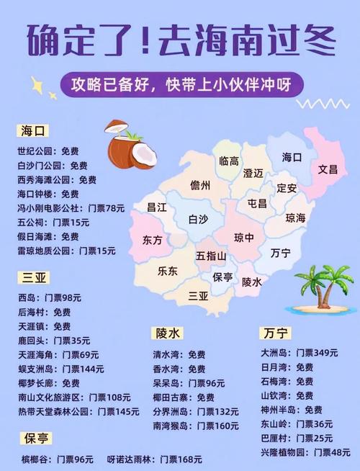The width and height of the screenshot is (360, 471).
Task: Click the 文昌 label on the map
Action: (x=328, y=169)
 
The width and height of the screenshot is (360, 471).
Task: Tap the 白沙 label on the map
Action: (x=198, y=219)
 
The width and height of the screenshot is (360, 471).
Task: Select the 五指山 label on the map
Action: (x=211, y=256)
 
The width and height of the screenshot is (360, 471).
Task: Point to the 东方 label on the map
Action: (x=152, y=239)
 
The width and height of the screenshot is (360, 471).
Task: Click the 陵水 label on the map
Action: (x=251, y=282)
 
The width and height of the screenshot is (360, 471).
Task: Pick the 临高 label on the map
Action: (x=229, y=161)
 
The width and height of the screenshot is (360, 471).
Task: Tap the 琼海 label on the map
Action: (x=295, y=217)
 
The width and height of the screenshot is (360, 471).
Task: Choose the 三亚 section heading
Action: (x=33, y=278)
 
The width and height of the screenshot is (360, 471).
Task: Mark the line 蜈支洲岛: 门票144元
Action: (x=61, y=369)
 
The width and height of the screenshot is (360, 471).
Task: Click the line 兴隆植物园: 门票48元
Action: (x=305, y=452)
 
